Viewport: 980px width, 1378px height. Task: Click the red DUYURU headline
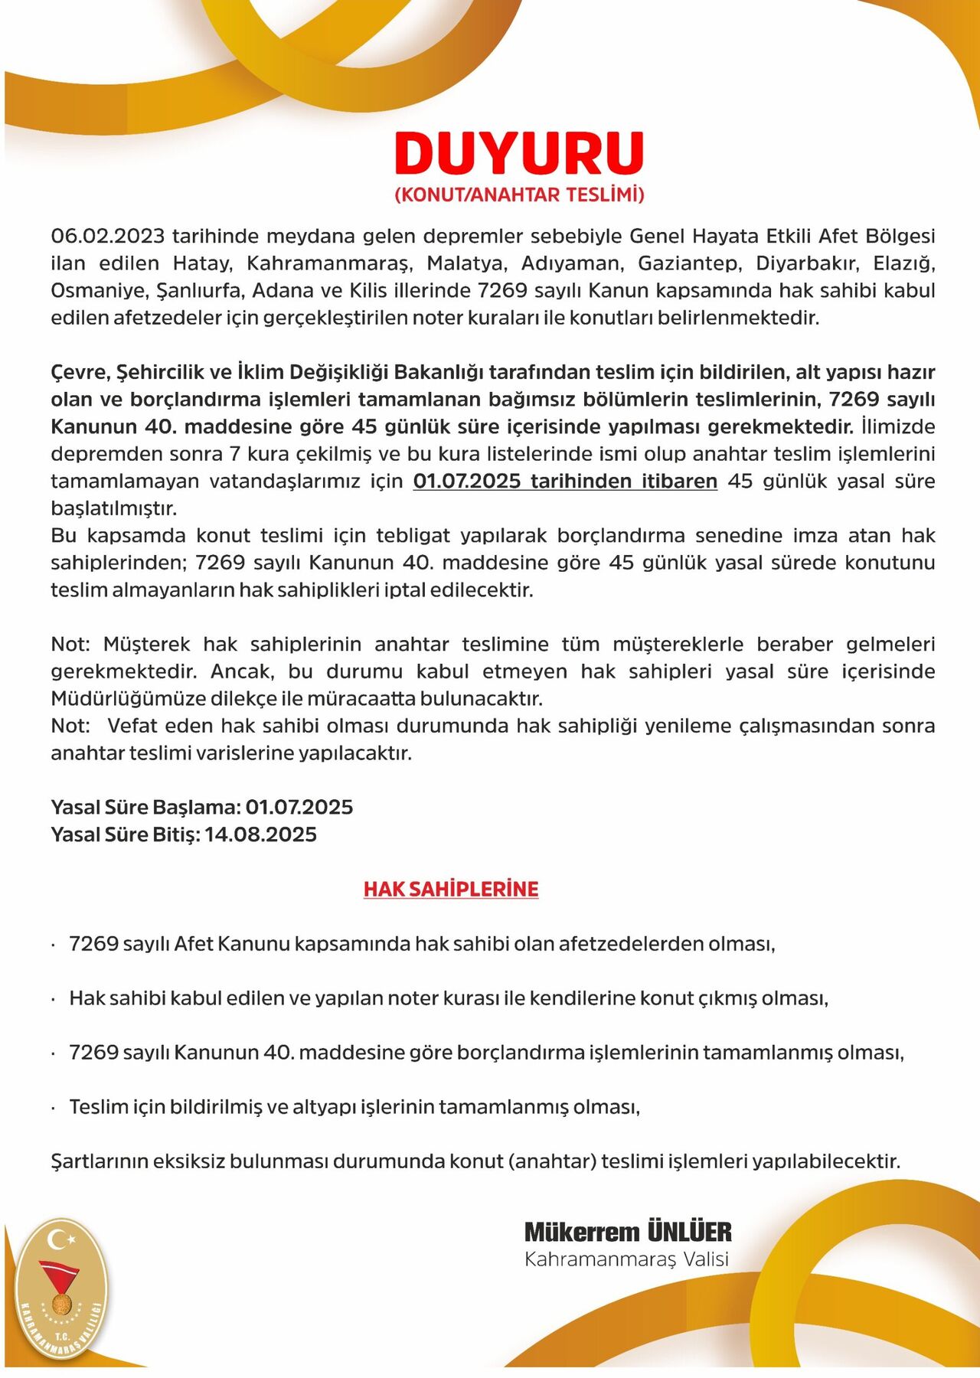(519, 153)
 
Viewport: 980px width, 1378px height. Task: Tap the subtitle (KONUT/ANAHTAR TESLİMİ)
(519, 194)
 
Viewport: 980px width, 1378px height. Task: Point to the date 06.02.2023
(107, 236)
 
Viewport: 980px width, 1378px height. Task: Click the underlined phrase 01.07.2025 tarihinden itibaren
(565, 482)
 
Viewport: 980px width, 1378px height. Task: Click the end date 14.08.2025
(260, 834)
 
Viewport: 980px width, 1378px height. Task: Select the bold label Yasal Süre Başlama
(145, 808)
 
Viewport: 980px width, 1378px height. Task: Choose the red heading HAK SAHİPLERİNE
(451, 889)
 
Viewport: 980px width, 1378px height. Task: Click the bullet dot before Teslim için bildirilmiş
(53, 1108)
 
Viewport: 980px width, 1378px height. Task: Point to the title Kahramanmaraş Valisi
(626, 1259)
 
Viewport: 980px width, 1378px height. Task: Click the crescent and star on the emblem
(61, 1237)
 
